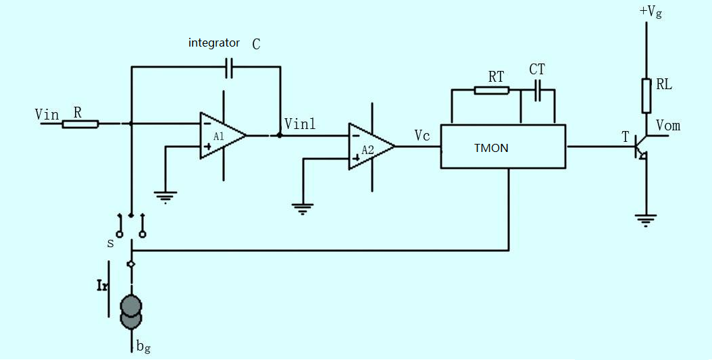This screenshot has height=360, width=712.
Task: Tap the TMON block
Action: (x=503, y=147)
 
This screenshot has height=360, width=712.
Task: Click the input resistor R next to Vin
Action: (x=80, y=124)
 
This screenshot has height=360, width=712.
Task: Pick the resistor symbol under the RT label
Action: (x=491, y=91)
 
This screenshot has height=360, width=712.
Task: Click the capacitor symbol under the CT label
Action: (x=538, y=91)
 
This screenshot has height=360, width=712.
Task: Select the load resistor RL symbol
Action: (x=646, y=96)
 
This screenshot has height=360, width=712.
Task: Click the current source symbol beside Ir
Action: (x=132, y=311)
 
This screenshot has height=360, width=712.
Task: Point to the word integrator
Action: (x=214, y=43)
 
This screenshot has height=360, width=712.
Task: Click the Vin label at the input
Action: (x=47, y=114)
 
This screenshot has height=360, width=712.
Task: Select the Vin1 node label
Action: (x=300, y=124)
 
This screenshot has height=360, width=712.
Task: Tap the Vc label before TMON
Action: (x=422, y=135)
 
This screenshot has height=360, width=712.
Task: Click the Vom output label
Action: (x=668, y=125)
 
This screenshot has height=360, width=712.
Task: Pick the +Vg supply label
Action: (x=651, y=11)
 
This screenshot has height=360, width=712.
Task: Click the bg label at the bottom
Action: (x=143, y=347)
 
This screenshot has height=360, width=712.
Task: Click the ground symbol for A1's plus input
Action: (x=166, y=197)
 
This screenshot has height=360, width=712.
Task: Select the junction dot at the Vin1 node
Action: (x=279, y=135)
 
